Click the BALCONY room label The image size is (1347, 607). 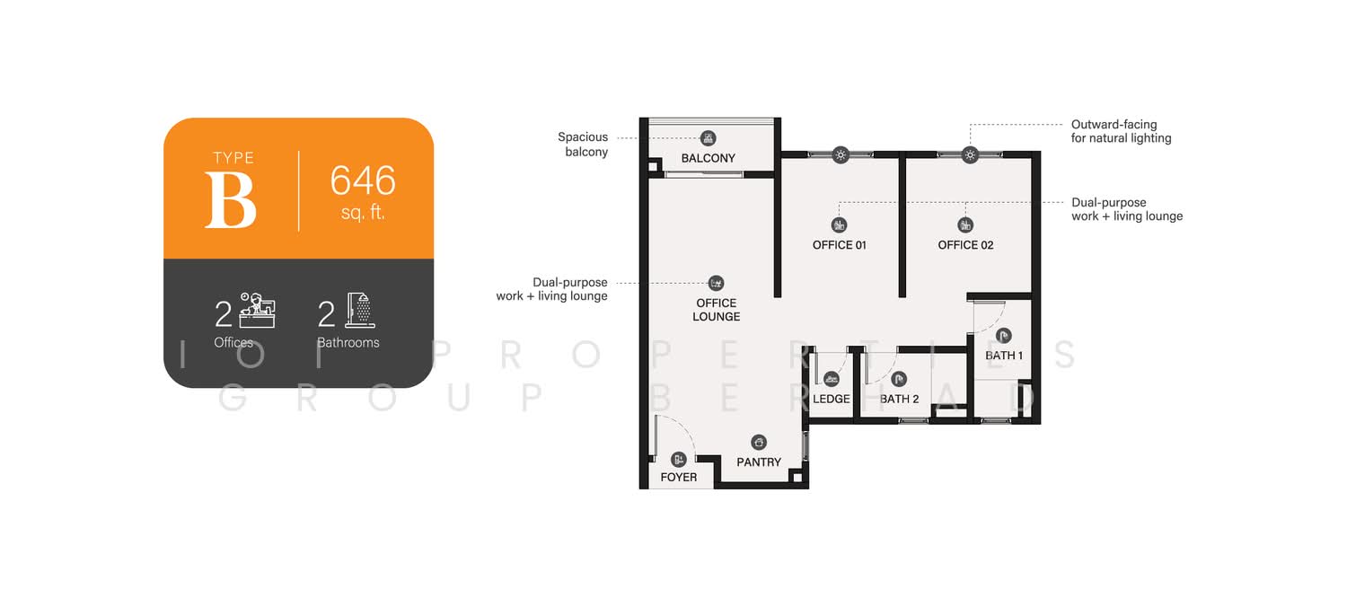click(x=708, y=158)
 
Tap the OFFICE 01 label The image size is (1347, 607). click(x=839, y=245)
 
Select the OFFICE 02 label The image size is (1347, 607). click(x=965, y=245)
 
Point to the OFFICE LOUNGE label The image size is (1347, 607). click(x=716, y=310)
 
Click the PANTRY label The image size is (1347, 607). click(x=758, y=462)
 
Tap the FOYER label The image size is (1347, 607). click(x=678, y=477)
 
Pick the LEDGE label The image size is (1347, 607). click(x=831, y=399)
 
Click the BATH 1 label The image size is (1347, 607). click(x=1004, y=356)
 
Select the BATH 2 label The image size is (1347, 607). click(x=899, y=399)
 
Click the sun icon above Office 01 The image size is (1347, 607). click(x=841, y=155)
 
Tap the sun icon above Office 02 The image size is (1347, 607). click(x=969, y=155)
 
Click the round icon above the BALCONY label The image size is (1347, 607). click(x=708, y=137)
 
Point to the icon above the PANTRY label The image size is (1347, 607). click(x=759, y=442)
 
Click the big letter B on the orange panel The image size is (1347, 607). click(x=231, y=199)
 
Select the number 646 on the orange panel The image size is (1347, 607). click(x=363, y=180)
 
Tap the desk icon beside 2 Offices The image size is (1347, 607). click(x=257, y=311)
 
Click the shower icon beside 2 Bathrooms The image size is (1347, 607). click(x=359, y=311)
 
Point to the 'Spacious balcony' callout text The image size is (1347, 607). click(x=583, y=145)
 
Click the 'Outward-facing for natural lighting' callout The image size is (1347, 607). click(x=1121, y=131)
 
